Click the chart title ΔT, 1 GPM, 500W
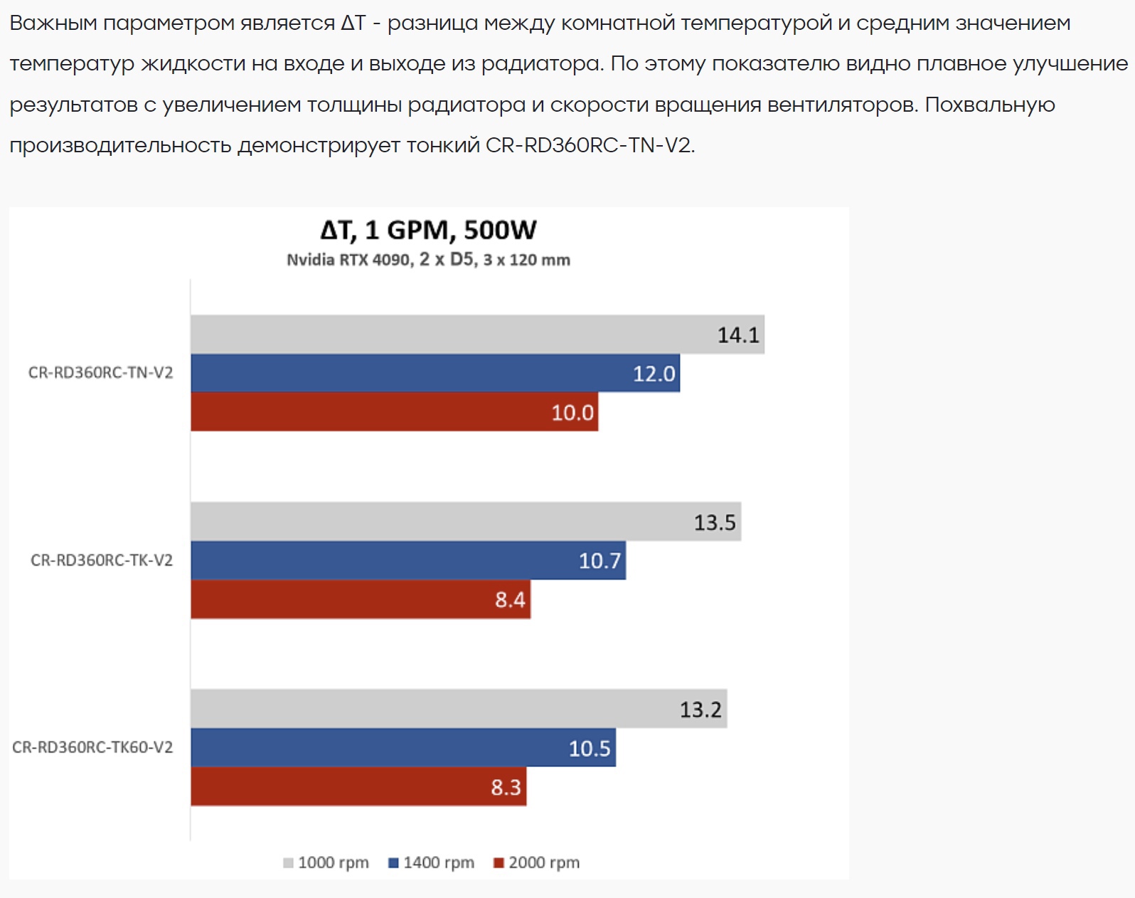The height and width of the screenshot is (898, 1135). click(x=428, y=230)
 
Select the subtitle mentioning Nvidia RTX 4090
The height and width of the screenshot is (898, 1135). click(x=428, y=260)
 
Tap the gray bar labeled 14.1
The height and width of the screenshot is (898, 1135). click(x=476, y=334)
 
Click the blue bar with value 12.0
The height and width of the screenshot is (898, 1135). click(x=435, y=373)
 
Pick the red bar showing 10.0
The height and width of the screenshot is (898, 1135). click(x=394, y=412)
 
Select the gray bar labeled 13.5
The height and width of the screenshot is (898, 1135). click(x=465, y=522)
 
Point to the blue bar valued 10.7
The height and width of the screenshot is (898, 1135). click(x=407, y=561)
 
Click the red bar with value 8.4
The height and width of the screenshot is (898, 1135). click(x=360, y=599)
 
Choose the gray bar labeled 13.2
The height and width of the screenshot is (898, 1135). click(x=458, y=709)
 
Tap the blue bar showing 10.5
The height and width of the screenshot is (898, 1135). click(x=403, y=748)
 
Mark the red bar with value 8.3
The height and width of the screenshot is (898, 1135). click(x=358, y=786)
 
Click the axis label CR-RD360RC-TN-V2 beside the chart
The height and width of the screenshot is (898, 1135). click(x=100, y=373)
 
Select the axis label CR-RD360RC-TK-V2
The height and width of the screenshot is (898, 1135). click(x=102, y=561)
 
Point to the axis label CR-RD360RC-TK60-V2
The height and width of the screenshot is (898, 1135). click(x=92, y=748)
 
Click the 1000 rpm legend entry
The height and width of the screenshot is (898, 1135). click(x=326, y=863)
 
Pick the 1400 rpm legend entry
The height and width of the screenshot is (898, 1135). click(x=432, y=863)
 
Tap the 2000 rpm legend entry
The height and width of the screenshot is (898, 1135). click(x=537, y=863)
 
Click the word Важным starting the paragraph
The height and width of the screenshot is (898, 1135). click(x=53, y=23)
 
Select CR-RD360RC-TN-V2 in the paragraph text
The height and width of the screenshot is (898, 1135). click(x=589, y=145)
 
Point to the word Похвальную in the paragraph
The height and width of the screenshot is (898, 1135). click(x=989, y=105)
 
